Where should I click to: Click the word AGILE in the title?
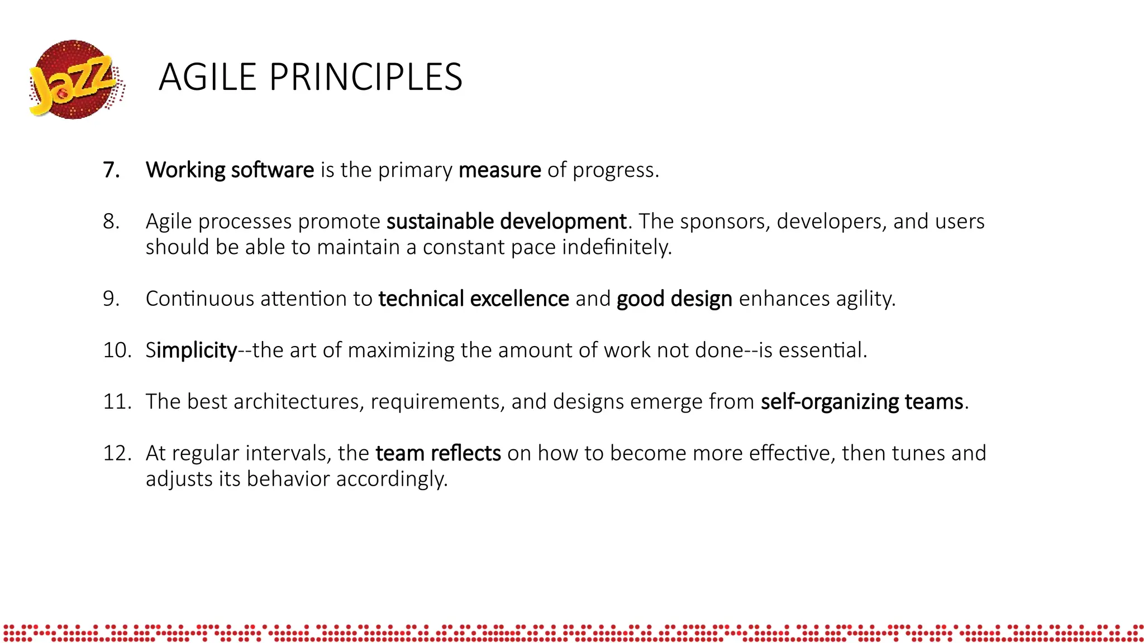pyautogui.click(x=207, y=77)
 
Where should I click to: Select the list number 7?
pyautogui.click(x=111, y=170)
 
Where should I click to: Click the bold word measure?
pyautogui.click(x=499, y=170)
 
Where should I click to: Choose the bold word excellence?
pyautogui.click(x=519, y=299)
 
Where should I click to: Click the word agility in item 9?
pyautogui.click(x=865, y=299)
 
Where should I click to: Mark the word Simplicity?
pyautogui.click(x=191, y=351)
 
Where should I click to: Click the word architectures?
pyautogui.click(x=298, y=402)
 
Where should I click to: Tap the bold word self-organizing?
pyautogui.click(x=830, y=402)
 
